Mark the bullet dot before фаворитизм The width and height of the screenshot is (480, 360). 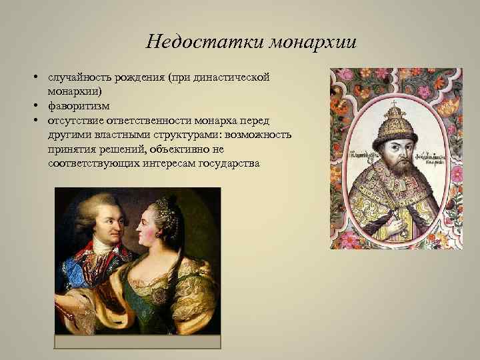[x=33, y=105]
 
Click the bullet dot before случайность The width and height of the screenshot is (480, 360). [x=33, y=78]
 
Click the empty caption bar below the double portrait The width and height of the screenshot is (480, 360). [x=137, y=342]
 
